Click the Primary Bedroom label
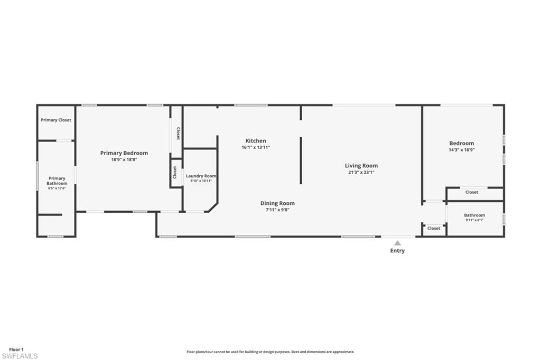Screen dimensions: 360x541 124,153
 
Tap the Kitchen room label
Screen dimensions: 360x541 256,141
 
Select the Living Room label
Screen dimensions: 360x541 361,166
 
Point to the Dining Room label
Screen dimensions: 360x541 277,203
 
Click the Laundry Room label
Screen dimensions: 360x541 201,176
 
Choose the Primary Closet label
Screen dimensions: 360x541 56,120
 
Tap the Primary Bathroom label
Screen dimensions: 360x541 57,181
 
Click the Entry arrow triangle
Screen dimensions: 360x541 397,243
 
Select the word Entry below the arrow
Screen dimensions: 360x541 397,251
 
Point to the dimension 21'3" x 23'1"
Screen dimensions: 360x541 361,172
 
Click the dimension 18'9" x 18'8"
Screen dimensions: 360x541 124,159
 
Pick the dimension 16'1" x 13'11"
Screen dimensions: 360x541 256,147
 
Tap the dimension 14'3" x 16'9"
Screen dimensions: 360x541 461,149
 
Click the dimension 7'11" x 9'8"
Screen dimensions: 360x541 277,210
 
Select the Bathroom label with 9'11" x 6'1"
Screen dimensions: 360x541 474,215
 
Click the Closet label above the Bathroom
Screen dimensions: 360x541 472,192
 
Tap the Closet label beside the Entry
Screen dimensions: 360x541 434,229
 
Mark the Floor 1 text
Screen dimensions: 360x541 16,349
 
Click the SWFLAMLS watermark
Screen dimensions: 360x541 20,356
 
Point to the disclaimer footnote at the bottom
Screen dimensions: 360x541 270,352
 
